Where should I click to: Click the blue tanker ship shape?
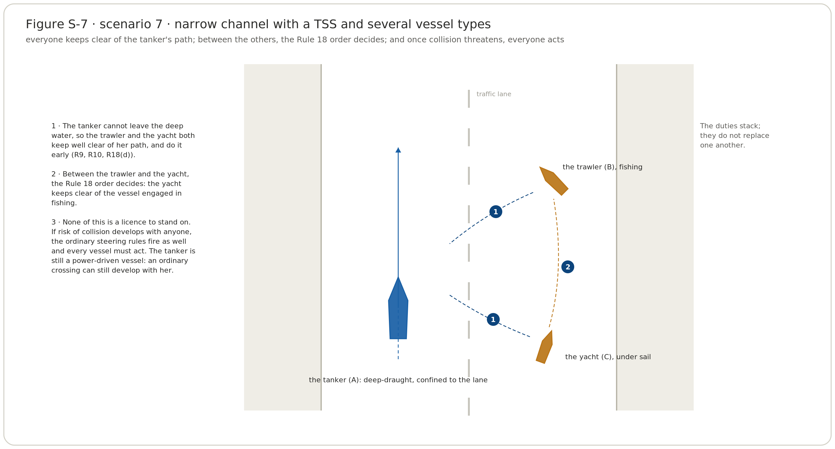point(398,309)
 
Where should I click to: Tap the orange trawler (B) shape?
point(554,181)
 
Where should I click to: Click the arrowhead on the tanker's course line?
point(398,150)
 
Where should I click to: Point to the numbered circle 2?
point(567,267)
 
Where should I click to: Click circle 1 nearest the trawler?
point(496,212)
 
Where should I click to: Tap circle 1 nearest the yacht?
point(493,320)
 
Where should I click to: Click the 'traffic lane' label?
point(494,94)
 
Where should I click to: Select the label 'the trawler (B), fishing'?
point(602,167)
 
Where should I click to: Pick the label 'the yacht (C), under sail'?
point(608,357)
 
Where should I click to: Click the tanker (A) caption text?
point(398,380)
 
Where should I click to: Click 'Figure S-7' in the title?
point(57,24)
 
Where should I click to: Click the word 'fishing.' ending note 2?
point(64,203)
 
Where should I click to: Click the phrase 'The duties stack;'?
point(730,126)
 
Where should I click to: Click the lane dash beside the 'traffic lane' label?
point(469,99)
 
